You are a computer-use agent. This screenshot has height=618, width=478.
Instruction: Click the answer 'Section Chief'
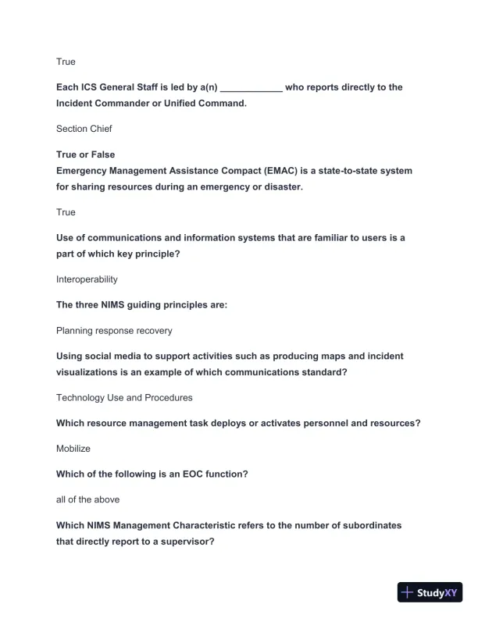84,129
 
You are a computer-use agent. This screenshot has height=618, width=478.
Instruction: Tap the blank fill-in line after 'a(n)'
251,88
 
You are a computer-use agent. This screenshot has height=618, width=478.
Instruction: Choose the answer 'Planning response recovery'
114,330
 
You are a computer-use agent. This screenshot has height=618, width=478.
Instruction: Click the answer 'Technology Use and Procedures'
124,397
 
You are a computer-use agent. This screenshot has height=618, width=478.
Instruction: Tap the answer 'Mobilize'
73,449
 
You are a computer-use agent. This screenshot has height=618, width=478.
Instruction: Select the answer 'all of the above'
87,499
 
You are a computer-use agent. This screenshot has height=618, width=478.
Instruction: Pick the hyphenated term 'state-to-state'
350,170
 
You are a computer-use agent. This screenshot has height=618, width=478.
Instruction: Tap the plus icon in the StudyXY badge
407,592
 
